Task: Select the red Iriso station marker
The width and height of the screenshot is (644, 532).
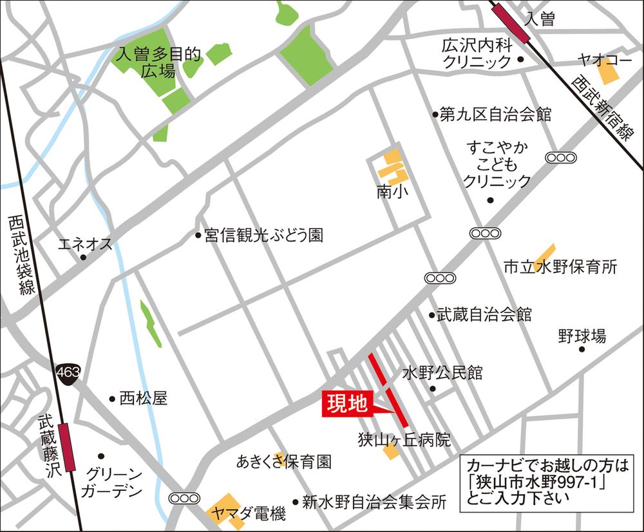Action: click(x=510, y=22)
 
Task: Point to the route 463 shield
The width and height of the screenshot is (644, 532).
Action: click(x=66, y=372)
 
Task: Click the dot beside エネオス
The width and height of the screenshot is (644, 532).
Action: click(x=83, y=258)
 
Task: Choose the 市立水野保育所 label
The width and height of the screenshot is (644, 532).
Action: click(x=560, y=267)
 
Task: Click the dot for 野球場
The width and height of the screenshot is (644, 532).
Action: click(x=582, y=349)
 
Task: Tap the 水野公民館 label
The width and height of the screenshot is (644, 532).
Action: click(x=442, y=373)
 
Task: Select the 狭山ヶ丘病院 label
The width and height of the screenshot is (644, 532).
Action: click(x=404, y=441)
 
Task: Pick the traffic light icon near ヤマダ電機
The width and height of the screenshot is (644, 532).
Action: click(x=184, y=498)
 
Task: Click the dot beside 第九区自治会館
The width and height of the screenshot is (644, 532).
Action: click(x=435, y=115)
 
